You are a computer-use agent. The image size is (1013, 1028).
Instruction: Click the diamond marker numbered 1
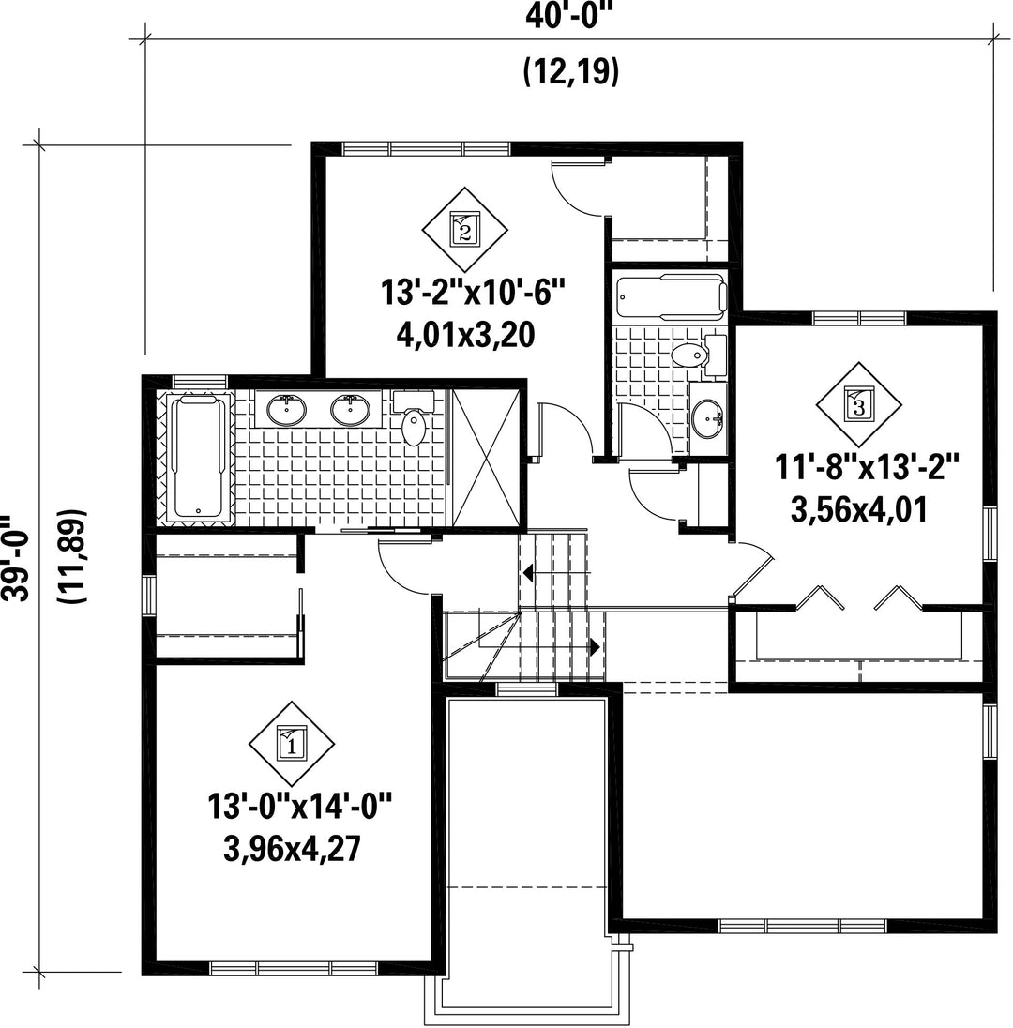(292, 744)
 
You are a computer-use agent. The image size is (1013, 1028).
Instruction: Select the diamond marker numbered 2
(464, 230)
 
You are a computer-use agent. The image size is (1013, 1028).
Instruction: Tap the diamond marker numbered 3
(858, 404)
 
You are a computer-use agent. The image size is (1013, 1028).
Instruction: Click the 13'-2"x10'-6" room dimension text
(473, 292)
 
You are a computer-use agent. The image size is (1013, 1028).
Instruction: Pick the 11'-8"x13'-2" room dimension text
(867, 468)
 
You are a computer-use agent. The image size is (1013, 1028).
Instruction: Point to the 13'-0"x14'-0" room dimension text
(299, 806)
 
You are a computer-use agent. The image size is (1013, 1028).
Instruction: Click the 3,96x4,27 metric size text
(293, 850)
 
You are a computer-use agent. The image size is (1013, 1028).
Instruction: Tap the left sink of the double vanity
(286, 410)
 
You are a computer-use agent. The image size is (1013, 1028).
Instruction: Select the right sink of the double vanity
(351, 410)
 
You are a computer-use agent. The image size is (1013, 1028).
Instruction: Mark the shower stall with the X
(486, 458)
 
